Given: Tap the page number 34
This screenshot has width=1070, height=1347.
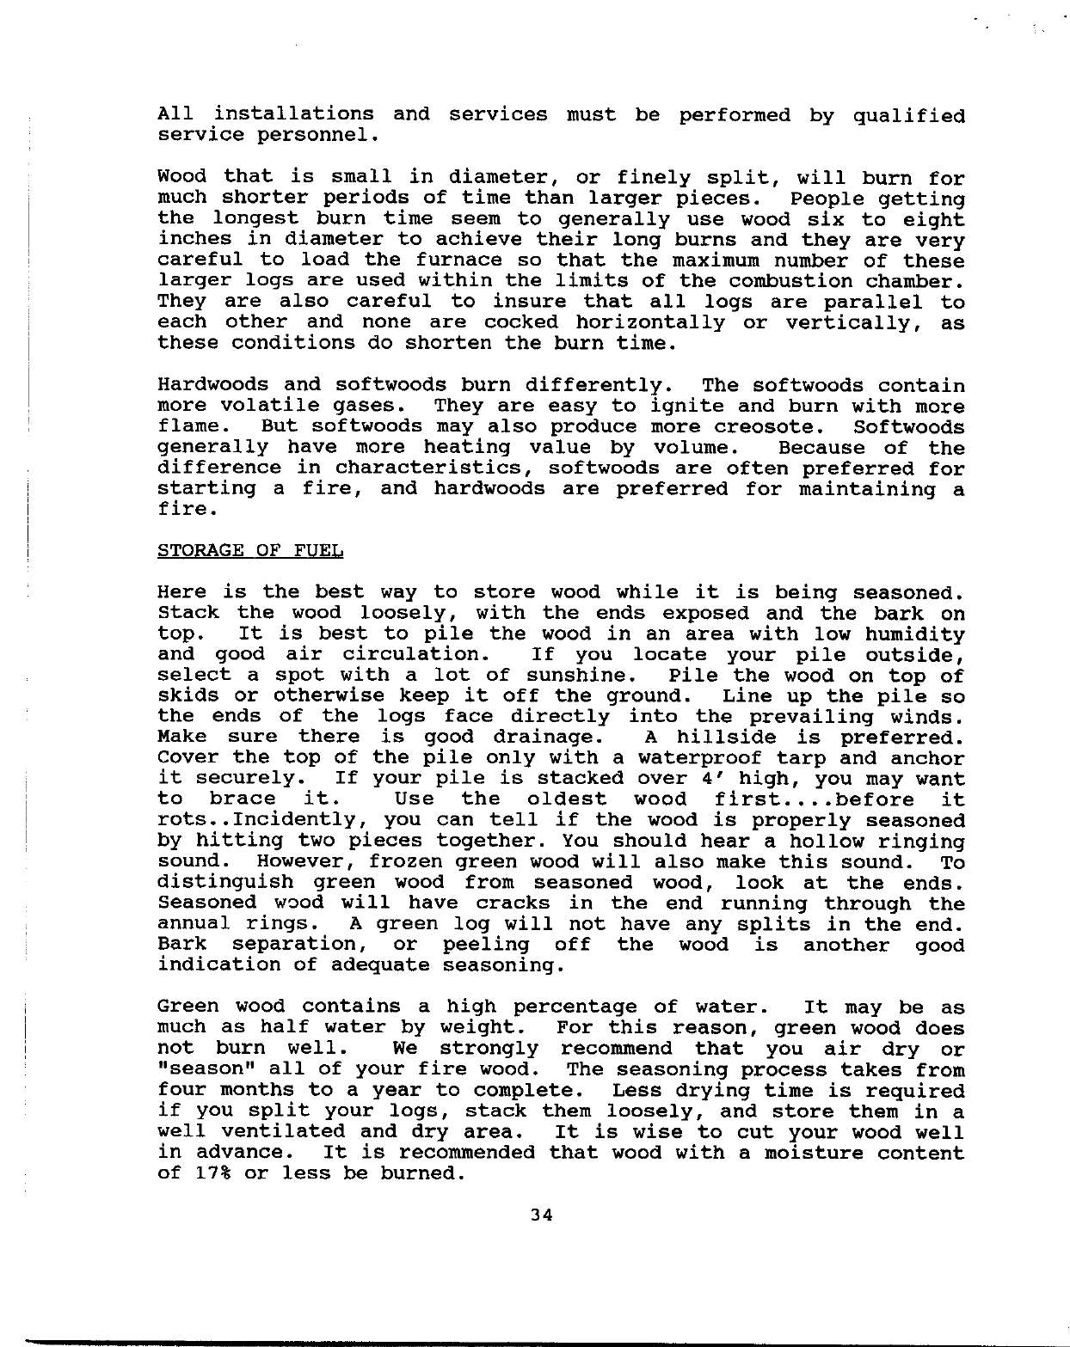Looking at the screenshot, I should (x=541, y=1215).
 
